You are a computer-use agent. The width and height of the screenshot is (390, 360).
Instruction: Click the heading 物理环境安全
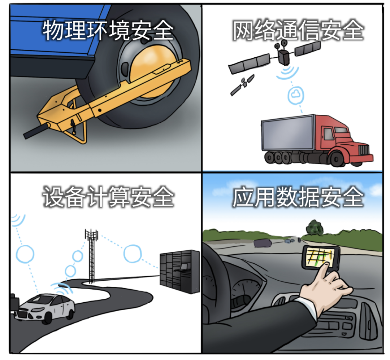108,31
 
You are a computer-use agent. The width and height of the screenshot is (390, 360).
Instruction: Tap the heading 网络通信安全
298,31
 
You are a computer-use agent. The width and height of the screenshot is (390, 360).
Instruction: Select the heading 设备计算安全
108,197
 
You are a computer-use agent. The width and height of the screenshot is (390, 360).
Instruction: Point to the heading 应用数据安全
298,197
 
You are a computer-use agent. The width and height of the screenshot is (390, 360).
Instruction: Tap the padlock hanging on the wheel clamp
73,126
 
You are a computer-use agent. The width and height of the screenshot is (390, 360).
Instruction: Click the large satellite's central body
284,57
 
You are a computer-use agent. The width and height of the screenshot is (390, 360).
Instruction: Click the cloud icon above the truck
296,95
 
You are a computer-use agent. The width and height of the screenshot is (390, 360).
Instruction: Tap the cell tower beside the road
91,256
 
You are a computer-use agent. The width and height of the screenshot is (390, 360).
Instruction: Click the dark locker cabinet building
179,271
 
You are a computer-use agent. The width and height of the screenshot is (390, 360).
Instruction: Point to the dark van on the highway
263,243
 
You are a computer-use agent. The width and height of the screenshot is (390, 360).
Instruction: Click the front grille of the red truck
364,150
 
